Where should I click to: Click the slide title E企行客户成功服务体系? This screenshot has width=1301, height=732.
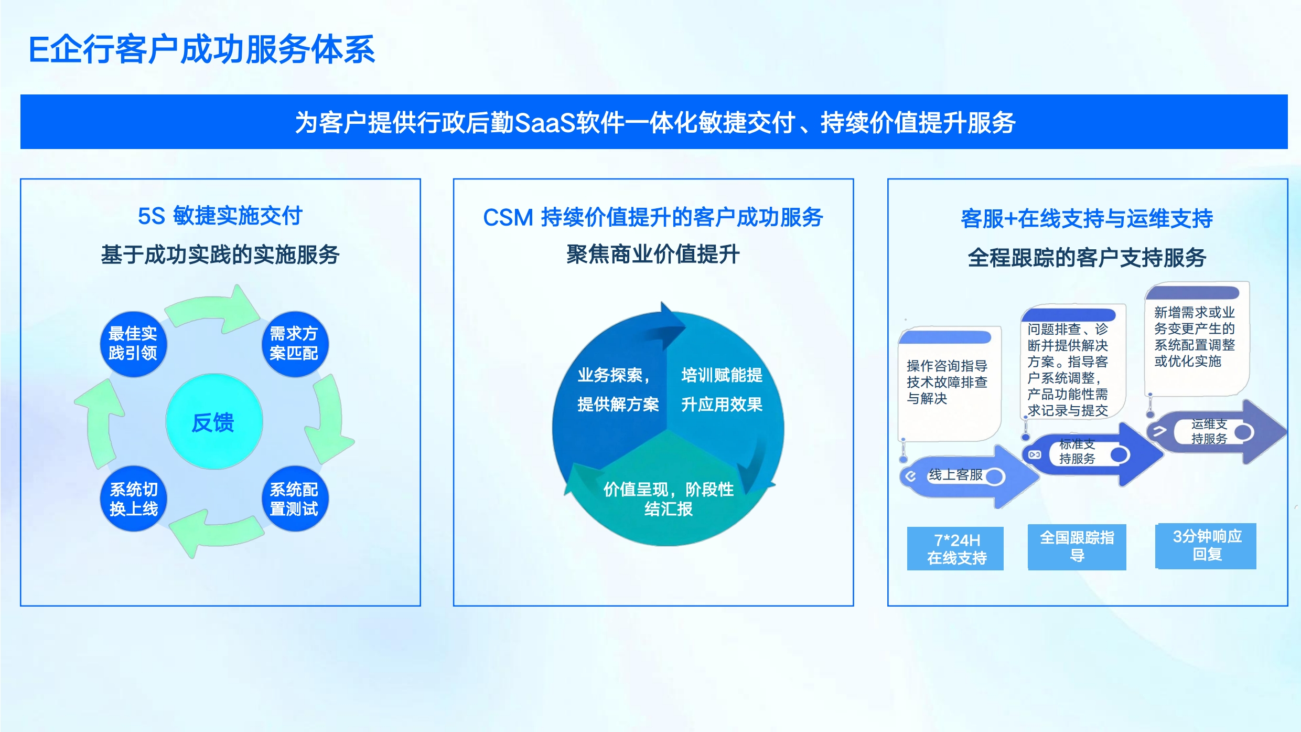pyautogui.click(x=202, y=50)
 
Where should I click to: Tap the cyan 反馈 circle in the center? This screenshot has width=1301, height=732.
pyautogui.click(x=214, y=421)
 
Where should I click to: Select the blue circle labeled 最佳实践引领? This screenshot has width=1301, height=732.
pyautogui.click(x=133, y=344)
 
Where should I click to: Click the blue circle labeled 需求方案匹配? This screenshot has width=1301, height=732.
pyautogui.click(x=294, y=344)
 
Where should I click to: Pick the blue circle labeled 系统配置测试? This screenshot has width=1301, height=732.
pyautogui.click(x=294, y=498)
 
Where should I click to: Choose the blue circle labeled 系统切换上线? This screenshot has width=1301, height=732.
pyautogui.click(x=133, y=498)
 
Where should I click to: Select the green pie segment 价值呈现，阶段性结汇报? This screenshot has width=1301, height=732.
pyautogui.click(x=669, y=498)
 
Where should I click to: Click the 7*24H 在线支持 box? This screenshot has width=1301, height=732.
pyautogui.click(x=955, y=549)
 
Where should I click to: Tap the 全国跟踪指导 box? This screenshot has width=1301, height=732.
pyautogui.click(x=1077, y=547)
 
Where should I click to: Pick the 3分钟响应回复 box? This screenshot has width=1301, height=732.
pyautogui.click(x=1206, y=546)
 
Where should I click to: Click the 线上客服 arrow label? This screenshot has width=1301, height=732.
pyautogui.click(x=955, y=475)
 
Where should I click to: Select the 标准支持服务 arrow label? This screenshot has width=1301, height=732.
pyautogui.click(x=1077, y=451)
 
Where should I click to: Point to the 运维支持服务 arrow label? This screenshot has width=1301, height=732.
pyautogui.click(x=1209, y=431)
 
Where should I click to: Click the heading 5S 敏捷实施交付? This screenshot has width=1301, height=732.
pyautogui.click(x=220, y=216)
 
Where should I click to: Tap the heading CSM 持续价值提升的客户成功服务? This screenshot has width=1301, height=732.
pyautogui.click(x=653, y=217)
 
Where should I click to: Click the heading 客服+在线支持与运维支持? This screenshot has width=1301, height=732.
pyautogui.click(x=1087, y=218)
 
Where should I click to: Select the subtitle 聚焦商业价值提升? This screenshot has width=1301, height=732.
pyautogui.click(x=653, y=254)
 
